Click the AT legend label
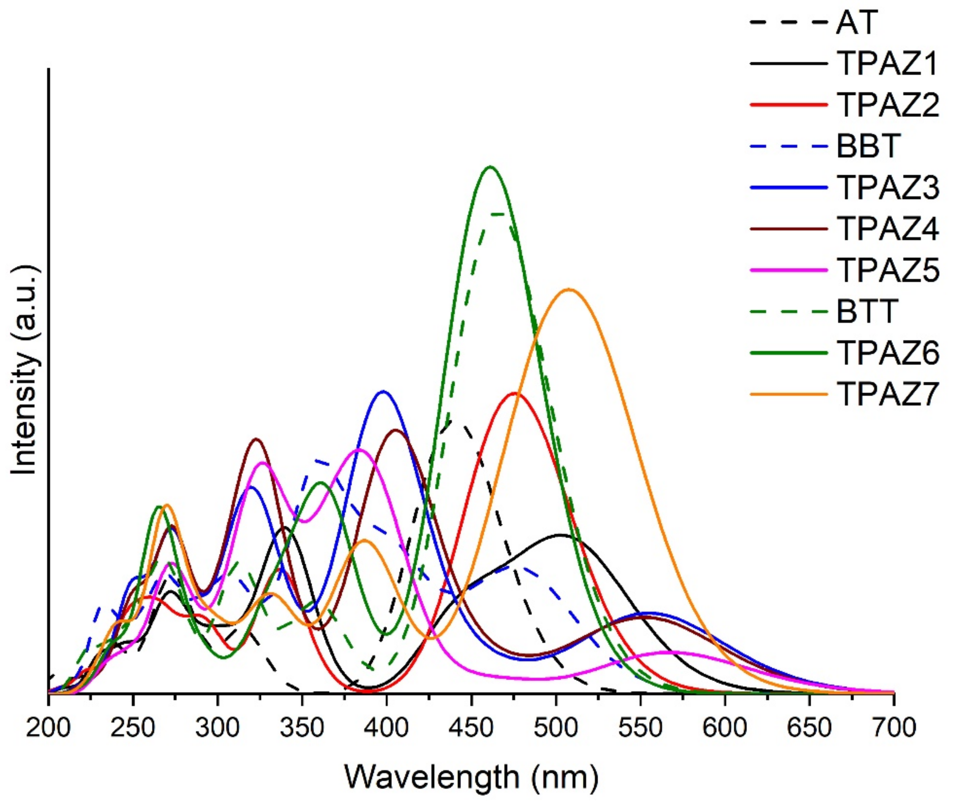[x=856, y=23]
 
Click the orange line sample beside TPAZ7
[x=788, y=394]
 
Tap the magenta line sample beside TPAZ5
[x=788, y=271]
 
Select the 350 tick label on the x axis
[x=302, y=728]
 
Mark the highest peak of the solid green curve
[x=490, y=167]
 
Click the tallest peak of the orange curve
[x=569, y=289]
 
